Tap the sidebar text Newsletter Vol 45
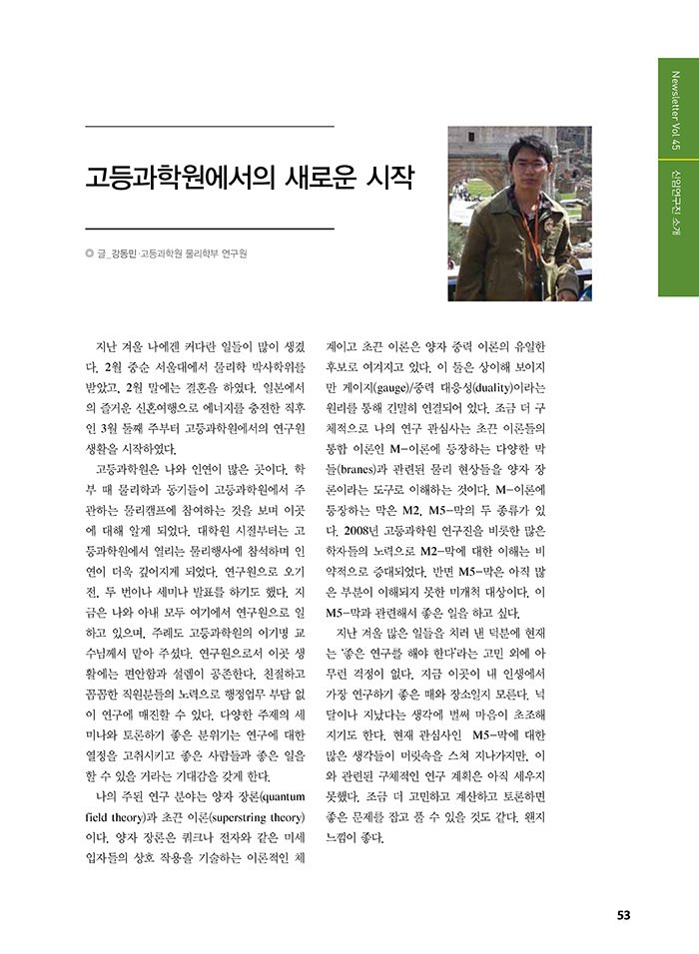click(x=676, y=110)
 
